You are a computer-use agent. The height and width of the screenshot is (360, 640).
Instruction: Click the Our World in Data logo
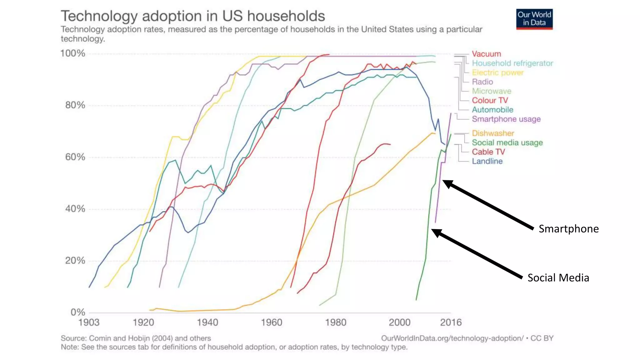[x=534, y=19]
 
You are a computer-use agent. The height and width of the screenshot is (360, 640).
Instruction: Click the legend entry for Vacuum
[x=486, y=54]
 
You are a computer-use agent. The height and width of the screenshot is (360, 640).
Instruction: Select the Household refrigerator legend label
[x=512, y=63]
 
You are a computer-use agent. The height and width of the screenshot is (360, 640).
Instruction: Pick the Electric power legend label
[x=497, y=73]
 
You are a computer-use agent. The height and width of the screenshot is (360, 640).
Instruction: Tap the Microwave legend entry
[x=491, y=91]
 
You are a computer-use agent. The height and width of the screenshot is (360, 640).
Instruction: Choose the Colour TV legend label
[x=490, y=101]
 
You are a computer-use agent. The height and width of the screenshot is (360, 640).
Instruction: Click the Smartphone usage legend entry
[x=506, y=119]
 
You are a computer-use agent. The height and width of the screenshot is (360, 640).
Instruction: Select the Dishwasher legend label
[x=493, y=133]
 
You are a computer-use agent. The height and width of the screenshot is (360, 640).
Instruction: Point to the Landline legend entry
[x=487, y=161]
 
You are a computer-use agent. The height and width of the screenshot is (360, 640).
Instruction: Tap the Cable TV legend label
[x=488, y=152]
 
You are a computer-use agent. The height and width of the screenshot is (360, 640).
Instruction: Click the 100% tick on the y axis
[x=72, y=53]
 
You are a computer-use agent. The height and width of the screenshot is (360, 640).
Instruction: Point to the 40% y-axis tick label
[x=75, y=209]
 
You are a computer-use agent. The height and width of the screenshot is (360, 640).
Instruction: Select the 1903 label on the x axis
[x=89, y=322]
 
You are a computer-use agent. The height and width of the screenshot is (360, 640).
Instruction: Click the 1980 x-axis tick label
[x=335, y=322]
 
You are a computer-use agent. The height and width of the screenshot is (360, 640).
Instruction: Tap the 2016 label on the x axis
[x=451, y=322]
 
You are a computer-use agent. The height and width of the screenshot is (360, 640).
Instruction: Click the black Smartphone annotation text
[x=568, y=229]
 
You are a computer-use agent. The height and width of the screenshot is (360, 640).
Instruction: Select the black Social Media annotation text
[x=558, y=278]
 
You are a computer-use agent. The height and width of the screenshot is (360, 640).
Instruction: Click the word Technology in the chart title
[x=99, y=16]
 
